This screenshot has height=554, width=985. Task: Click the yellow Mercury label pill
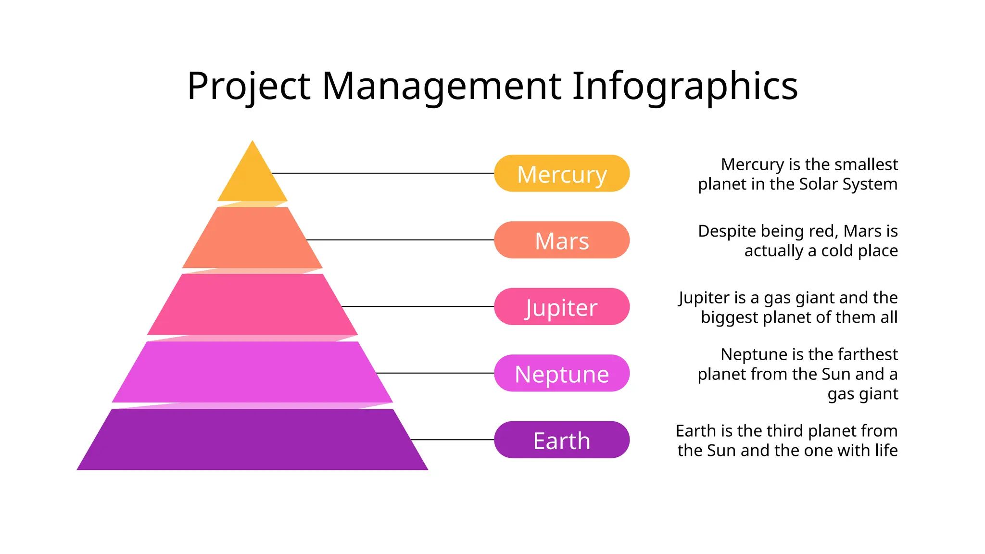pyautogui.click(x=561, y=174)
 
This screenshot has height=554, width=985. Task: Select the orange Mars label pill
pyautogui.click(x=561, y=240)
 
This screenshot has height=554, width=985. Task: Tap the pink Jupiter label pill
pyautogui.click(x=561, y=307)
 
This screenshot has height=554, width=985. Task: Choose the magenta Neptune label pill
pyautogui.click(x=561, y=373)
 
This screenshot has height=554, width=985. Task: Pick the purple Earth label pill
pyautogui.click(x=561, y=440)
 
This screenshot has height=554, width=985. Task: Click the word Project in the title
pyautogui.click(x=249, y=87)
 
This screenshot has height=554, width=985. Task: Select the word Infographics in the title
pyautogui.click(x=685, y=87)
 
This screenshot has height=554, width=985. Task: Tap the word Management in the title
pyautogui.click(x=442, y=87)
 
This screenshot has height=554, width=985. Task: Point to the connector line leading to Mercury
pyautogui.click(x=382, y=173)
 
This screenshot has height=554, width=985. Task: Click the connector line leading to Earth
pyautogui.click(x=452, y=440)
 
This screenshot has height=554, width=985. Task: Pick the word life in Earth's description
pyautogui.click(x=886, y=450)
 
